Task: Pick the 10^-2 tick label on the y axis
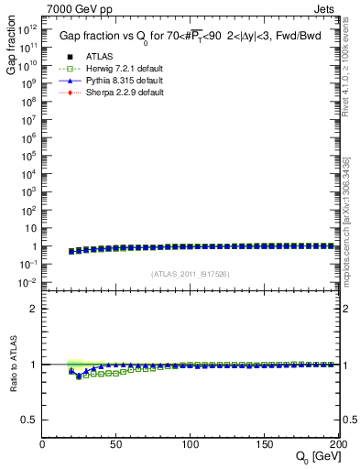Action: pos(27,283)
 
